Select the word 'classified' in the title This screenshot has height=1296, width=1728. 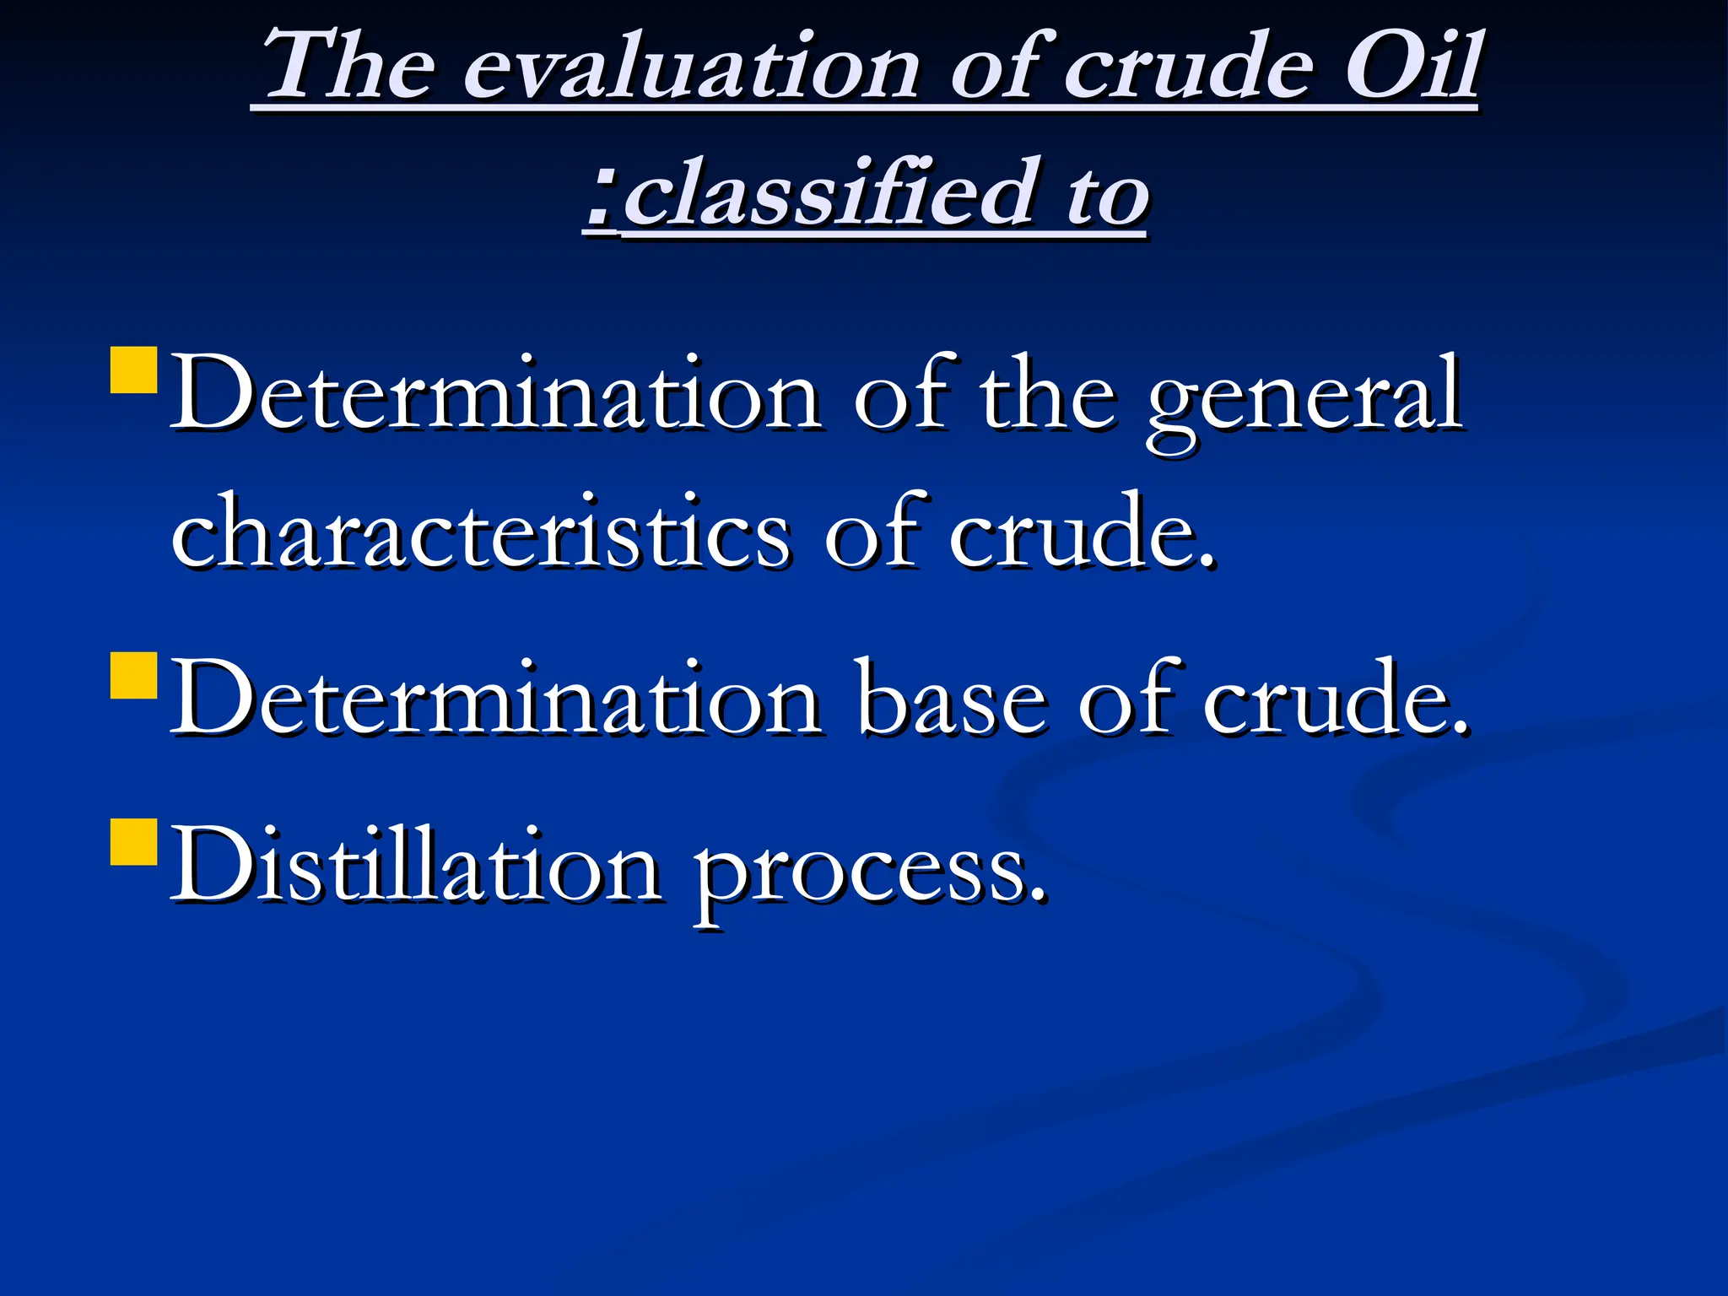832,194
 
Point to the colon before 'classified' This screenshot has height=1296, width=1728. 601,199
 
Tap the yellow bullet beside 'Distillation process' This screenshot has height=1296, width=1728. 133,842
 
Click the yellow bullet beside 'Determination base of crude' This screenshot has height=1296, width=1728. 133,675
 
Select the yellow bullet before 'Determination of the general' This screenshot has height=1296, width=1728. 133,371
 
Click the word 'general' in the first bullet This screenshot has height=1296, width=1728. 1304,397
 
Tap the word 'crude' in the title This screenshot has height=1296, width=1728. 1185,67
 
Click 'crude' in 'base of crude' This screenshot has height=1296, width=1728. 1333,700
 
